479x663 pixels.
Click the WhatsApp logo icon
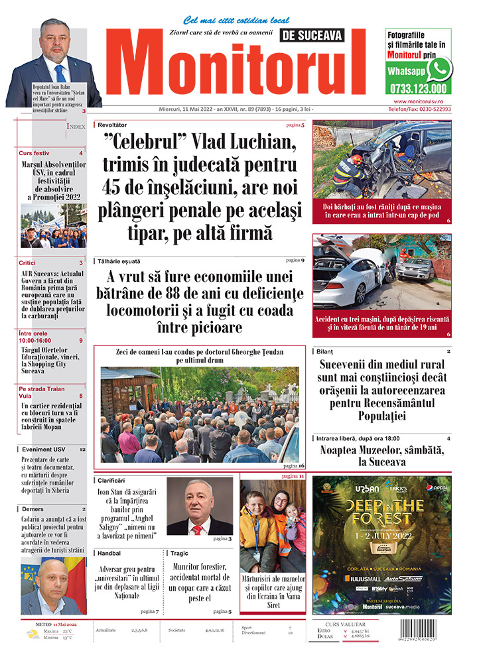(439, 69)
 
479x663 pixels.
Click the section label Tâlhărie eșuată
(118, 261)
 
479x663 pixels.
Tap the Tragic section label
(179, 553)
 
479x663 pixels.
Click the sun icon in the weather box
(33, 634)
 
